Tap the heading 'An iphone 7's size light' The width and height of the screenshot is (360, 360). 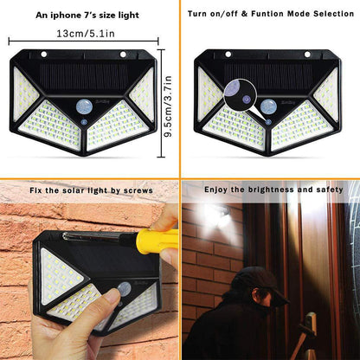87,15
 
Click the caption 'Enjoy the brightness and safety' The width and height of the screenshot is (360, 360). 273,188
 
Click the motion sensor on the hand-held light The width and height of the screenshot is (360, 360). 124,288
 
